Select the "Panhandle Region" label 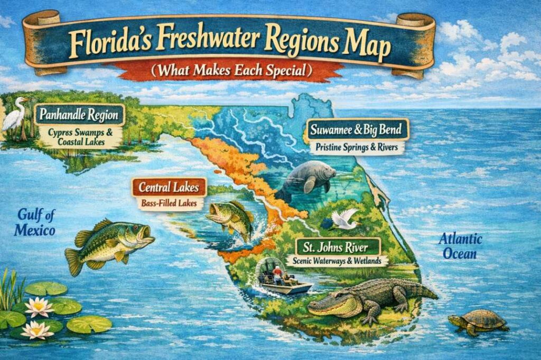pos(79,114)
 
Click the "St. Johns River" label pos(339,247)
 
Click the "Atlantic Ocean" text pos(460,247)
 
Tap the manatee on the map pos(306,178)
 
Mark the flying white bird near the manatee pos(343,220)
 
